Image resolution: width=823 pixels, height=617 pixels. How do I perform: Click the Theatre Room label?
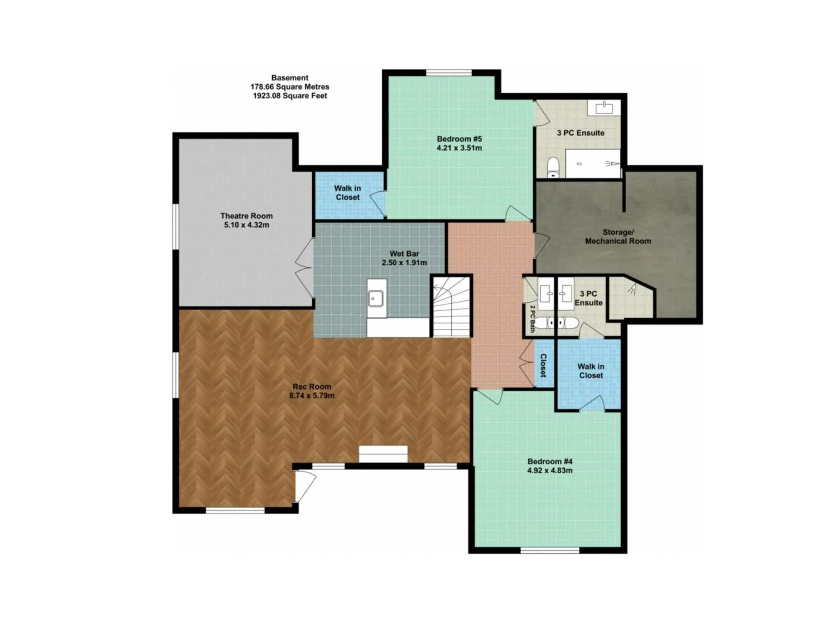tap(246, 216)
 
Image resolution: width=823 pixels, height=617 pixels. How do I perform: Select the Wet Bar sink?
tap(376, 298)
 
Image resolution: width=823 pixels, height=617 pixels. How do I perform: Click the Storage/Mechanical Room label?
tap(618, 237)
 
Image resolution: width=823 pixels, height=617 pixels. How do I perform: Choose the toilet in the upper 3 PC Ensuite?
tap(553, 167)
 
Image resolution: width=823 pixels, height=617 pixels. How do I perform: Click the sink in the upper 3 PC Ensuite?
tap(604, 108)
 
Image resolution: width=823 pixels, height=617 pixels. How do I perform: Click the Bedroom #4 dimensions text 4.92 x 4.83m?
tap(550, 470)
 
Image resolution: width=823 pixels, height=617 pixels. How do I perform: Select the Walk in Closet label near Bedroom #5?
tap(347, 193)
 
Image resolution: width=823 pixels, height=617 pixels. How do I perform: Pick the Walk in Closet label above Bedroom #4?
tap(591, 371)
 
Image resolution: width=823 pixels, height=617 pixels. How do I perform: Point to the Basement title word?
tap(290, 78)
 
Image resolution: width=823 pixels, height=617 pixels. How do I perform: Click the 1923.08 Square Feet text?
tap(290, 96)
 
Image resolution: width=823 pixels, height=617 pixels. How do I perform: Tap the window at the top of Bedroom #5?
tap(449, 73)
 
